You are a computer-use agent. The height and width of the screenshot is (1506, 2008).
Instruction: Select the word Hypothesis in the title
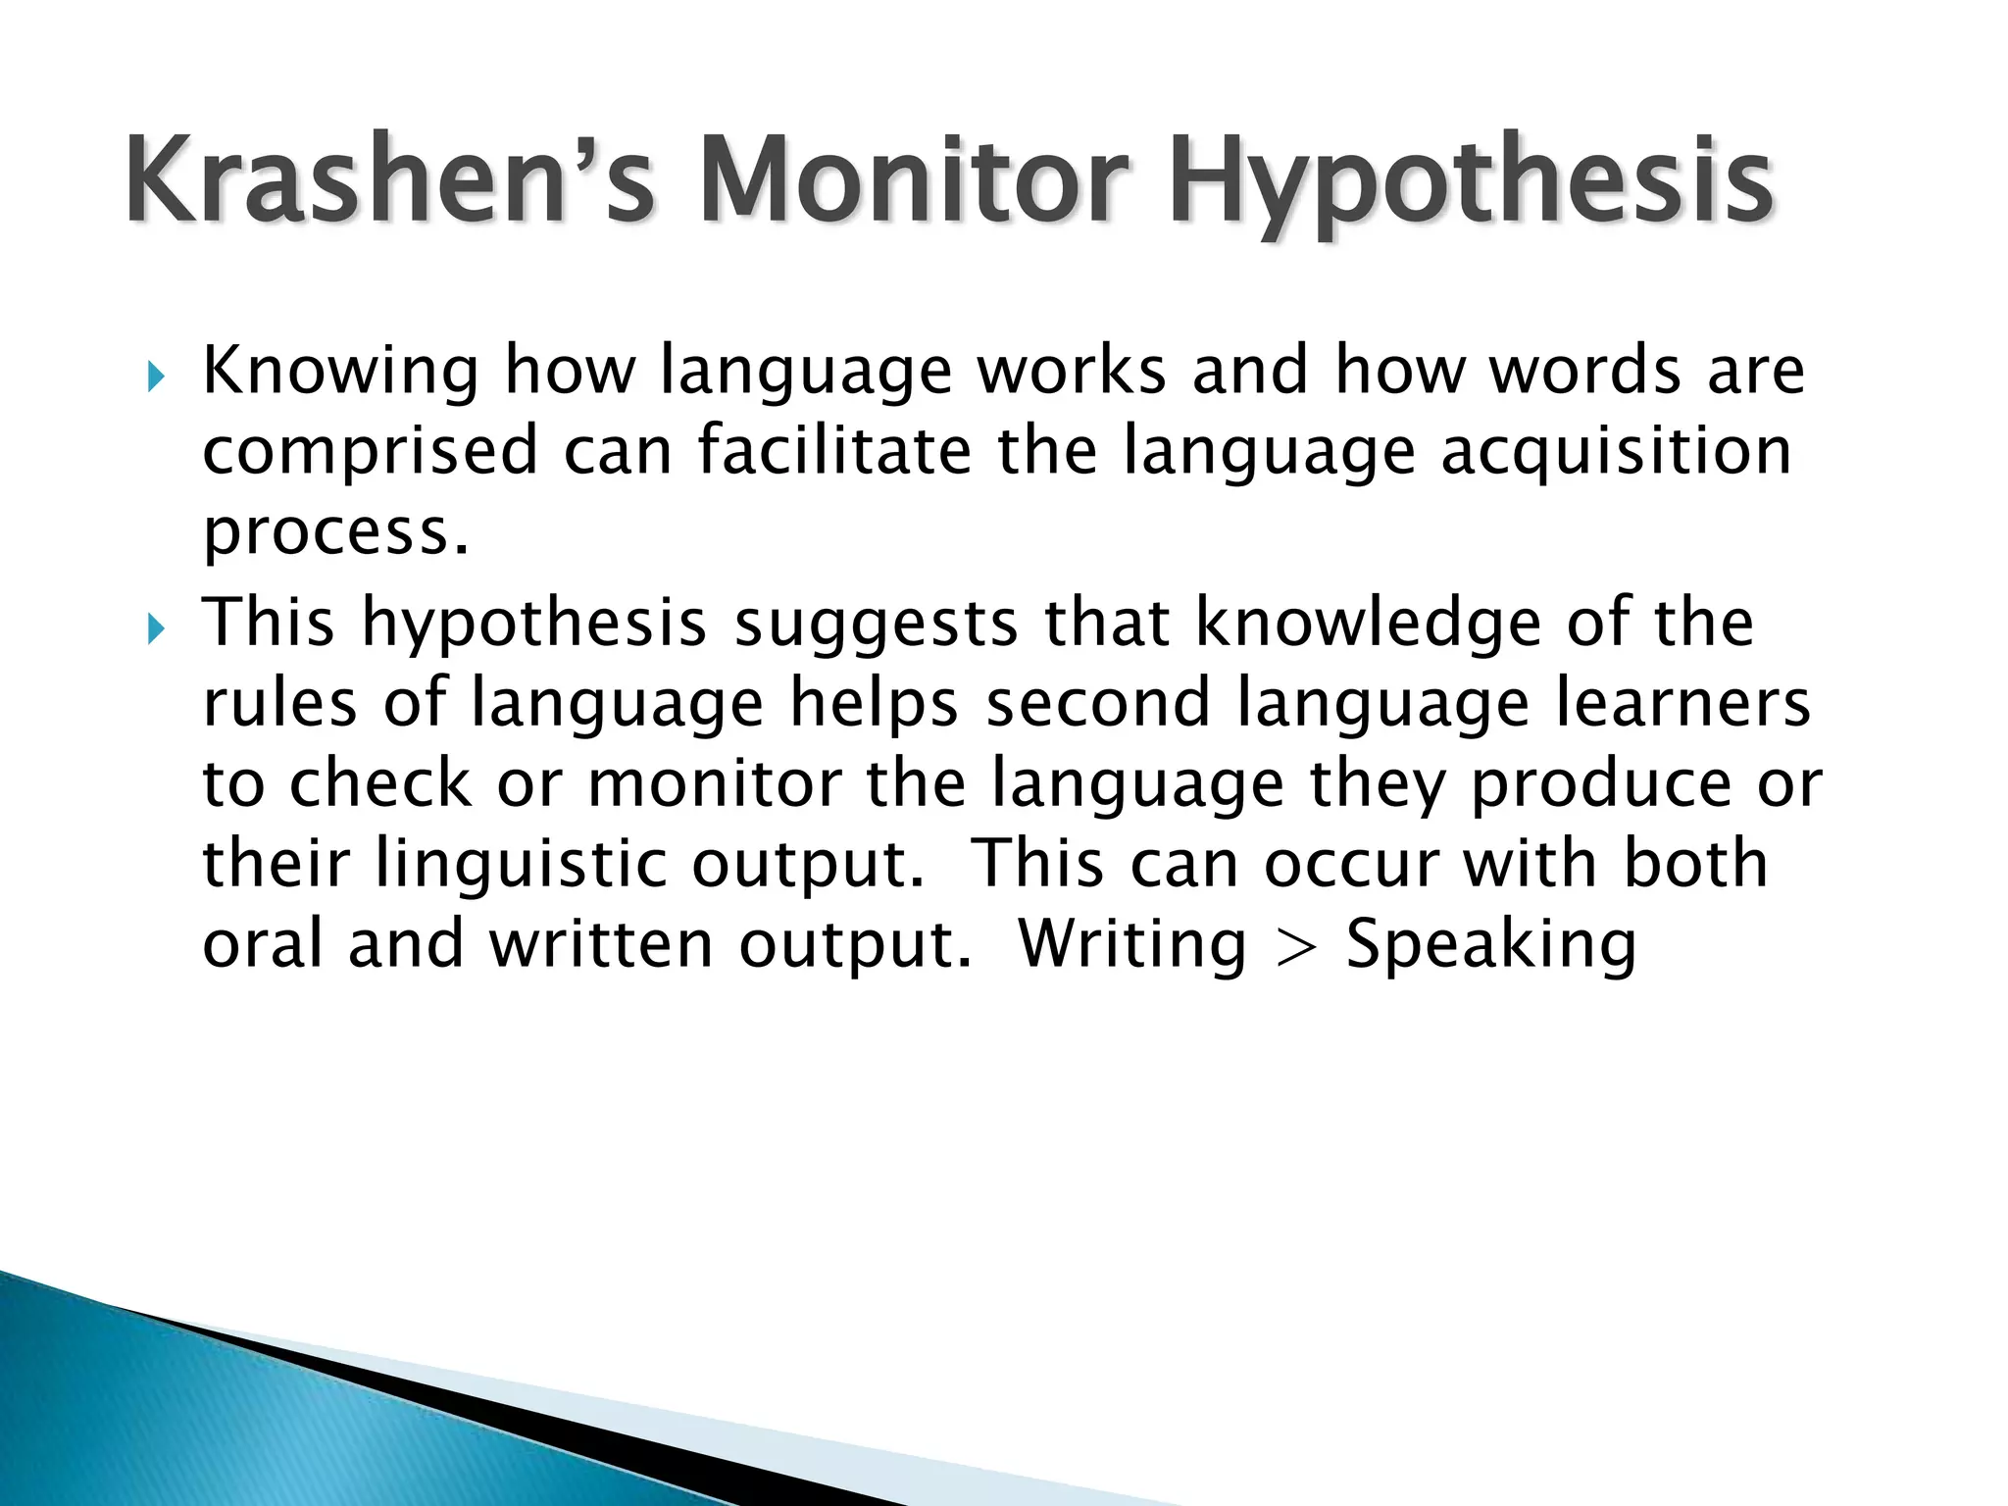click(1471, 186)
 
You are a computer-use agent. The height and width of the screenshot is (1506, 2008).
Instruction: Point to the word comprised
click(371, 453)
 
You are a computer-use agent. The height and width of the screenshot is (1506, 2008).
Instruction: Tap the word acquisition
click(1616, 453)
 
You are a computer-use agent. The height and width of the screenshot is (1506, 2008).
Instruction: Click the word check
click(380, 784)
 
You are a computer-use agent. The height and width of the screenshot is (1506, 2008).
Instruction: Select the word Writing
click(1132, 947)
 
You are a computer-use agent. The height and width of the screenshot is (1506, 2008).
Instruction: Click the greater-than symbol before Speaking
click(1296, 947)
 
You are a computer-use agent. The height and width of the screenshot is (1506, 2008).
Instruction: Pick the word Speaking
click(1491, 947)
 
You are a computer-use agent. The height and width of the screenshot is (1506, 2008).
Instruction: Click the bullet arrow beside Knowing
click(156, 376)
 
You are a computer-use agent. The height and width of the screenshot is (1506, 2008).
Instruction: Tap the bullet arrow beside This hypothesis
click(156, 628)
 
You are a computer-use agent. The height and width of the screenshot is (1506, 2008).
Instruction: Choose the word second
click(1098, 705)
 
